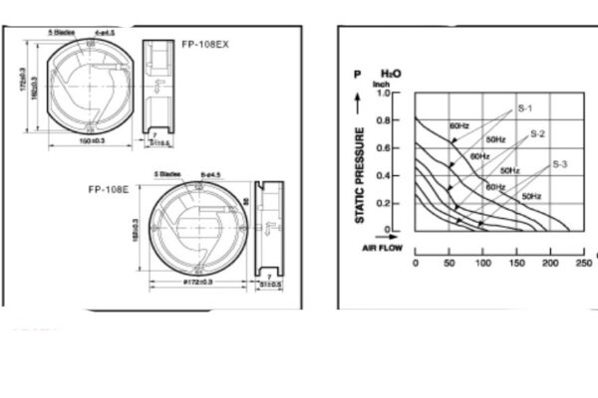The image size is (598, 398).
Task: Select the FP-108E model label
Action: click(106, 189)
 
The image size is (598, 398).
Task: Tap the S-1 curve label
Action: click(526, 106)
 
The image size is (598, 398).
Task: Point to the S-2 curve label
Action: click(537, 132)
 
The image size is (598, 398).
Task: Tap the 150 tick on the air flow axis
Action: click(516, 264)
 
